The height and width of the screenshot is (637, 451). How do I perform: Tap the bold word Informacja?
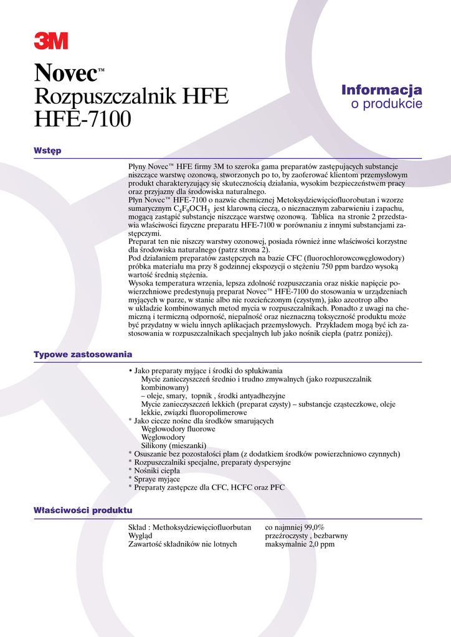pos(381,90)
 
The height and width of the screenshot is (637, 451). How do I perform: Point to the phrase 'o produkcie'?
pos(386,104)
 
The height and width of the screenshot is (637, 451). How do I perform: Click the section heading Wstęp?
pos(47,151)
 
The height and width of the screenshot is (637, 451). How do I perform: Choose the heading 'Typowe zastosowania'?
pos(82,355)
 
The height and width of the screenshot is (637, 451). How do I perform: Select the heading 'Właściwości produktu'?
pos(82,511)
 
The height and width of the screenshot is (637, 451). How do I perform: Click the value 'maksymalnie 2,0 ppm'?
pos(300,544)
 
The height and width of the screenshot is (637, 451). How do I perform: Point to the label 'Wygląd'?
pos(141,536)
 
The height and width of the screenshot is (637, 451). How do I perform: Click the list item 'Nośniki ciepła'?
pos(156,471)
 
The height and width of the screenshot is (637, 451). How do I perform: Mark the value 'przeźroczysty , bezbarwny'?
pos(306,536)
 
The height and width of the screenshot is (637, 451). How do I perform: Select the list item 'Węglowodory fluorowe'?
pos(178,429)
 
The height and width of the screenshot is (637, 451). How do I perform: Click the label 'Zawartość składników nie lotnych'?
pos(183,544)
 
